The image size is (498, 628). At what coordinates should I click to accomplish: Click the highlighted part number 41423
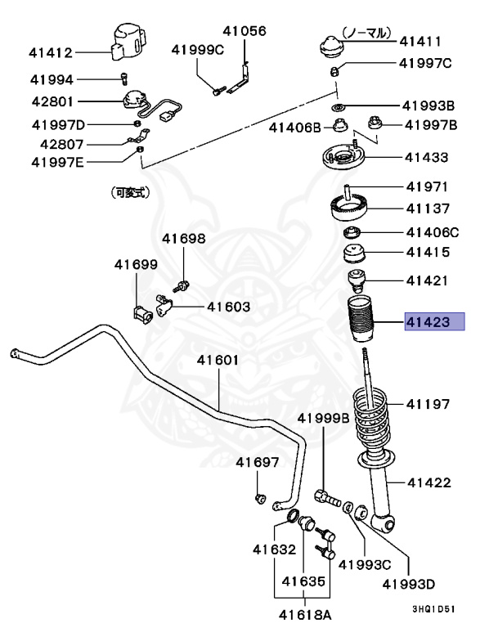(x=434, y=321)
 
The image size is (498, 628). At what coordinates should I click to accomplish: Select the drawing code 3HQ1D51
(x=436, y=609)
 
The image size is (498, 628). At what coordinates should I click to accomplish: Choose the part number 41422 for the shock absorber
(x=428, y=482)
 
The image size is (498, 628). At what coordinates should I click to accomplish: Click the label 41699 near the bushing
(x=136, y=264)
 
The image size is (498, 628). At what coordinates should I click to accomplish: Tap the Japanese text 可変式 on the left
(x=128, y=193)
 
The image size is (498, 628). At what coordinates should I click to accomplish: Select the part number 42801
(x=52, y=103)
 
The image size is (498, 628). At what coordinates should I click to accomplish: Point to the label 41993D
(x=411, y=585)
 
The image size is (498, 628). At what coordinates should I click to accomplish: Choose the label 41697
(x=258, y=463)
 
